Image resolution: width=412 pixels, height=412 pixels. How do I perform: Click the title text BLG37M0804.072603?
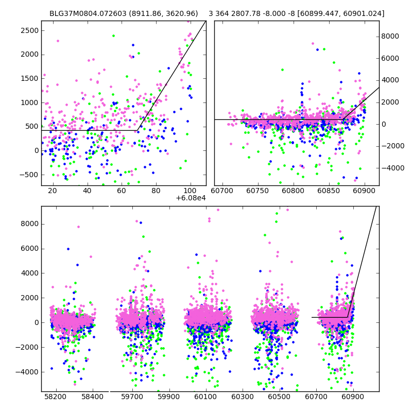pos(90,13)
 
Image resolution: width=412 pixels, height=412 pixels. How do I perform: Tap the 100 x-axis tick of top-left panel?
pos(191,191)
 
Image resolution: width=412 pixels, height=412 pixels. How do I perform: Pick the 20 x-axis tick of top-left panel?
pos(52,191)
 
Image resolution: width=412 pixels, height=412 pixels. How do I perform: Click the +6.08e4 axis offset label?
pos(191,198)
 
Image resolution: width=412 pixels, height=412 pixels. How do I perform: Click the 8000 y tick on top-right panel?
pos(392,36)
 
